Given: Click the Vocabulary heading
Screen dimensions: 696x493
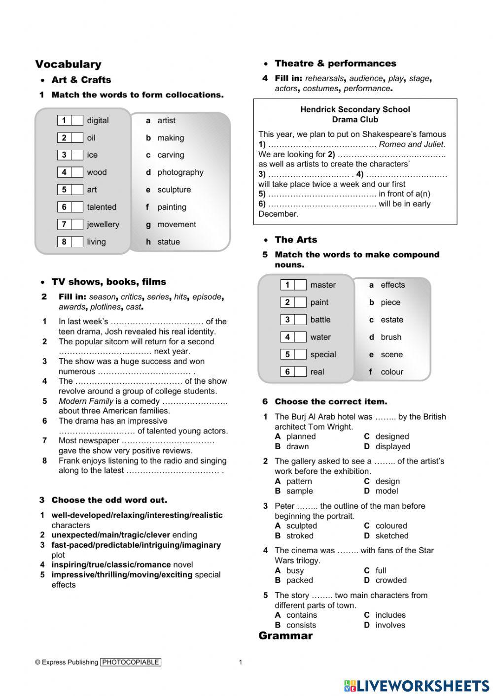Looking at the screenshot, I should tap(68, 64).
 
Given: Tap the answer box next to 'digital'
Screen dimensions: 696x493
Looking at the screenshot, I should tap(76, 120).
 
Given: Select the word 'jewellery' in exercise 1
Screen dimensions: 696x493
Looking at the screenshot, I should tap(103, 225).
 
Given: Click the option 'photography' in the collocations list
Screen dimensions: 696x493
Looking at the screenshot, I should tap(180, 172).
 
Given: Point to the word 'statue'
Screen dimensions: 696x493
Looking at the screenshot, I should tap(169, 242).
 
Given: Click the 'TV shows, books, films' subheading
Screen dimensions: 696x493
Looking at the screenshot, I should tap(108, 282).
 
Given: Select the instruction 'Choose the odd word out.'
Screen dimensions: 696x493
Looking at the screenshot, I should tap(109, 500).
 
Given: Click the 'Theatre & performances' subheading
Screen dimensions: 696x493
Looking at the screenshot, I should tap(335, 64).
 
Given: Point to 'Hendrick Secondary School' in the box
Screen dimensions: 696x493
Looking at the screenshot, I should tap(355, 109).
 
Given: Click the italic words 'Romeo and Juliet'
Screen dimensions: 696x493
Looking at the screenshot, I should tap(412, 144).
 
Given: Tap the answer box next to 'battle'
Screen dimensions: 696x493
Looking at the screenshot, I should tap(300, 320).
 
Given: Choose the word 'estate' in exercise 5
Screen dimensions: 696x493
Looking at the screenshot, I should tap(392, 320).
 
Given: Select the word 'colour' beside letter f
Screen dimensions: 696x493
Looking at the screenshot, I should tap(392, 372).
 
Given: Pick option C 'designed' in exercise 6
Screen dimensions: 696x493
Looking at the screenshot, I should tap(392, 436).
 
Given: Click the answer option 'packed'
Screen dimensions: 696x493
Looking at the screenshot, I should tap(300, 580).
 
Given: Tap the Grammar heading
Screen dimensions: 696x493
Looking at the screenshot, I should tap(285, 635).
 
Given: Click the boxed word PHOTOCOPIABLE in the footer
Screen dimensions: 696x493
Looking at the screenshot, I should tap(131, 662).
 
